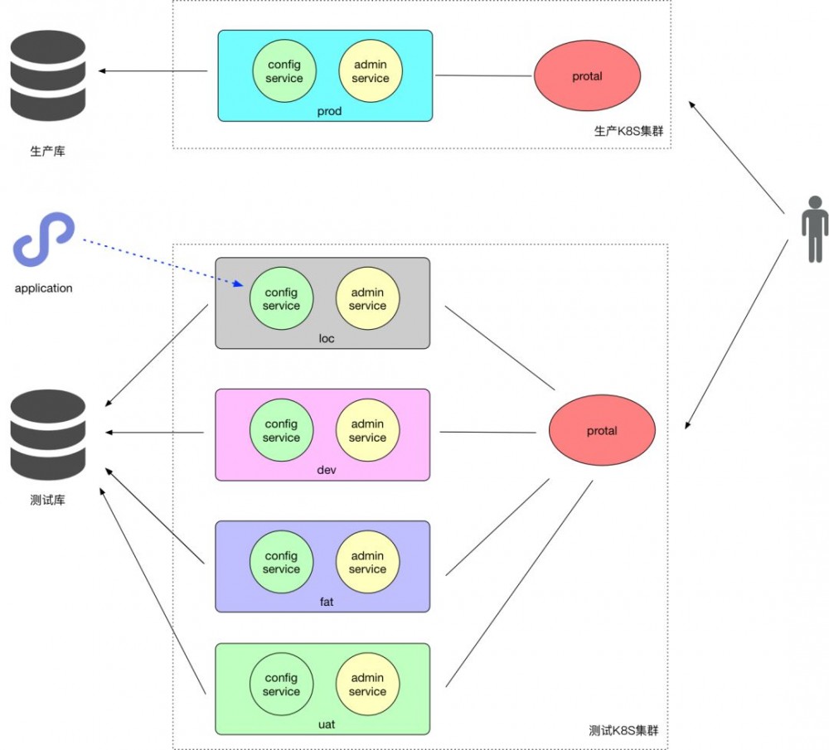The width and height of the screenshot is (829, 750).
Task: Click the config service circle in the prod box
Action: click(284, 71)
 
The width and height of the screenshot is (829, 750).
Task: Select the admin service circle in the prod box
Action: click(370, 71)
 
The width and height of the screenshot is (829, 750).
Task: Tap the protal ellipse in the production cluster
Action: click(587, 76)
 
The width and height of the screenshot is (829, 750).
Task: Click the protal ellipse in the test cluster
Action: click(602, 431)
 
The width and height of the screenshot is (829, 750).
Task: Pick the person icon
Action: click(815, 229)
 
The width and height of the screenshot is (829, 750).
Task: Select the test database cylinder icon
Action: click(48, 436)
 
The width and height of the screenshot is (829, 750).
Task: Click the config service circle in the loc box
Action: click(281, 299)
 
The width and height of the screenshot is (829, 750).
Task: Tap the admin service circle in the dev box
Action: click(367, 431)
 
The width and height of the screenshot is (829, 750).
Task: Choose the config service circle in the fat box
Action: click(281, 563)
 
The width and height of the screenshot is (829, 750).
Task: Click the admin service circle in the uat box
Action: click(367, 685)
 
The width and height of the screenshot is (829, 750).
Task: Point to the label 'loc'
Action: click(327, 339)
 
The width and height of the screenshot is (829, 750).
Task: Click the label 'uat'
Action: click(327, 724)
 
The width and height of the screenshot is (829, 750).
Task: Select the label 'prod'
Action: click(329, 111)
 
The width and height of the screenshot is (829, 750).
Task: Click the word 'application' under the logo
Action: click(44, 288)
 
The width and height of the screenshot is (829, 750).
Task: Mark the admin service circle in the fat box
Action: click(367, 563)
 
